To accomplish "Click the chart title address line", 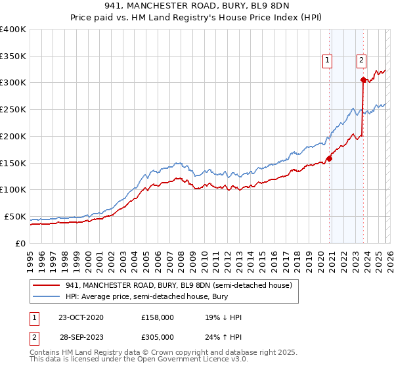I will coord(197,6).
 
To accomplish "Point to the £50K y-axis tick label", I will coord(14,216).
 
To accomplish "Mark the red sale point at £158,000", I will coord(329,158).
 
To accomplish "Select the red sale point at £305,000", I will coord(363,80).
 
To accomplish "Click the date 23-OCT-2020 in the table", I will coord(81,317).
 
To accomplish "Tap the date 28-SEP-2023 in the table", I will coord(81,336).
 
